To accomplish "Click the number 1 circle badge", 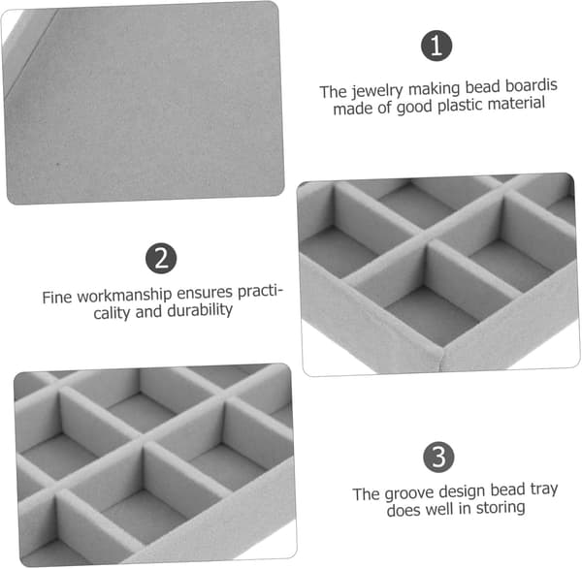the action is coord(436,46).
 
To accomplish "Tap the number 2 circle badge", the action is coord(161,258).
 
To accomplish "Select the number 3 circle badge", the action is coord(438,457).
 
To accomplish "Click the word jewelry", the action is coord(377,91).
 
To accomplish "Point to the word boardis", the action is coord(532,85).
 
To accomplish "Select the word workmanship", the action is coord(124,296).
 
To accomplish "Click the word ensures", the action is coord(205,293).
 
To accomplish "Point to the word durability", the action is coord(200,310).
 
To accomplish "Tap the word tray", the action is coord(544,489).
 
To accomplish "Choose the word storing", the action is coord(501,508).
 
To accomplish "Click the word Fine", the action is coord(57,298).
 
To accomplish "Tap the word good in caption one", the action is coord(414,108).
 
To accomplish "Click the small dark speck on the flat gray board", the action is coord(57,164).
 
